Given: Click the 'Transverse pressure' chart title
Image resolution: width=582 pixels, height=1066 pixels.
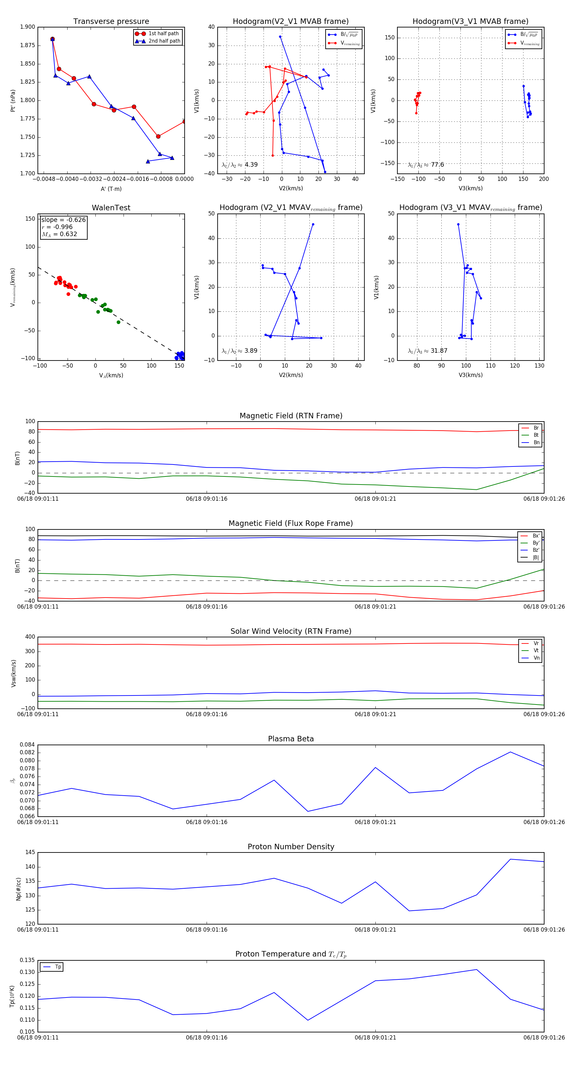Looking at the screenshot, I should (x=111, y=22).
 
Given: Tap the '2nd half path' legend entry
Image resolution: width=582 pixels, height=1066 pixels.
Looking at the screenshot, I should (x=164, y=41).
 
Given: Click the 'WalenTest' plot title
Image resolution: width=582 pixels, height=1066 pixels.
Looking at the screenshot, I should (x=111, y=208).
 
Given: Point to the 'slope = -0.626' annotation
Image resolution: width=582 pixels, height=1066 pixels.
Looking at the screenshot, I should (x=63, y=220).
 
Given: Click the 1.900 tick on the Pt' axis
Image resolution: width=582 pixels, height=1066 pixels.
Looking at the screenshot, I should (x=27, y=27).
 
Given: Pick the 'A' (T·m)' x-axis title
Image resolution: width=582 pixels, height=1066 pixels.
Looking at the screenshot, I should (x=111, y=189).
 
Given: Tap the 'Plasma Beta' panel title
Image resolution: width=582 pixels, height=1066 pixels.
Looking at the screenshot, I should (x=291, y=739).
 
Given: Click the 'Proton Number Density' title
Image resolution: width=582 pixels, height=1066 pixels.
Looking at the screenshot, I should (x=291, y=847).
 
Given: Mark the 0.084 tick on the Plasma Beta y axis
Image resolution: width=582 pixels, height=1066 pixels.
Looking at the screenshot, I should (x=27, y=745).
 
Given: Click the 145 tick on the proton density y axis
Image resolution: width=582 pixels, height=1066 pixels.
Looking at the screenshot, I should (x=30, y=852).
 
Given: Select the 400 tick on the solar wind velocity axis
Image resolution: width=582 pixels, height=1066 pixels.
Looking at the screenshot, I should (x=30, y=637).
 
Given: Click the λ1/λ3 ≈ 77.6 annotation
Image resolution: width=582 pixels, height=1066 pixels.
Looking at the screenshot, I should (x=426, y=165).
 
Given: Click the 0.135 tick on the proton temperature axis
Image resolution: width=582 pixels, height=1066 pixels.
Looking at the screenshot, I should (x=27, y=960).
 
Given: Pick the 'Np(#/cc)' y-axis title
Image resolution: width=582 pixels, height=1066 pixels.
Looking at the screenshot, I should (x=18, y=888).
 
